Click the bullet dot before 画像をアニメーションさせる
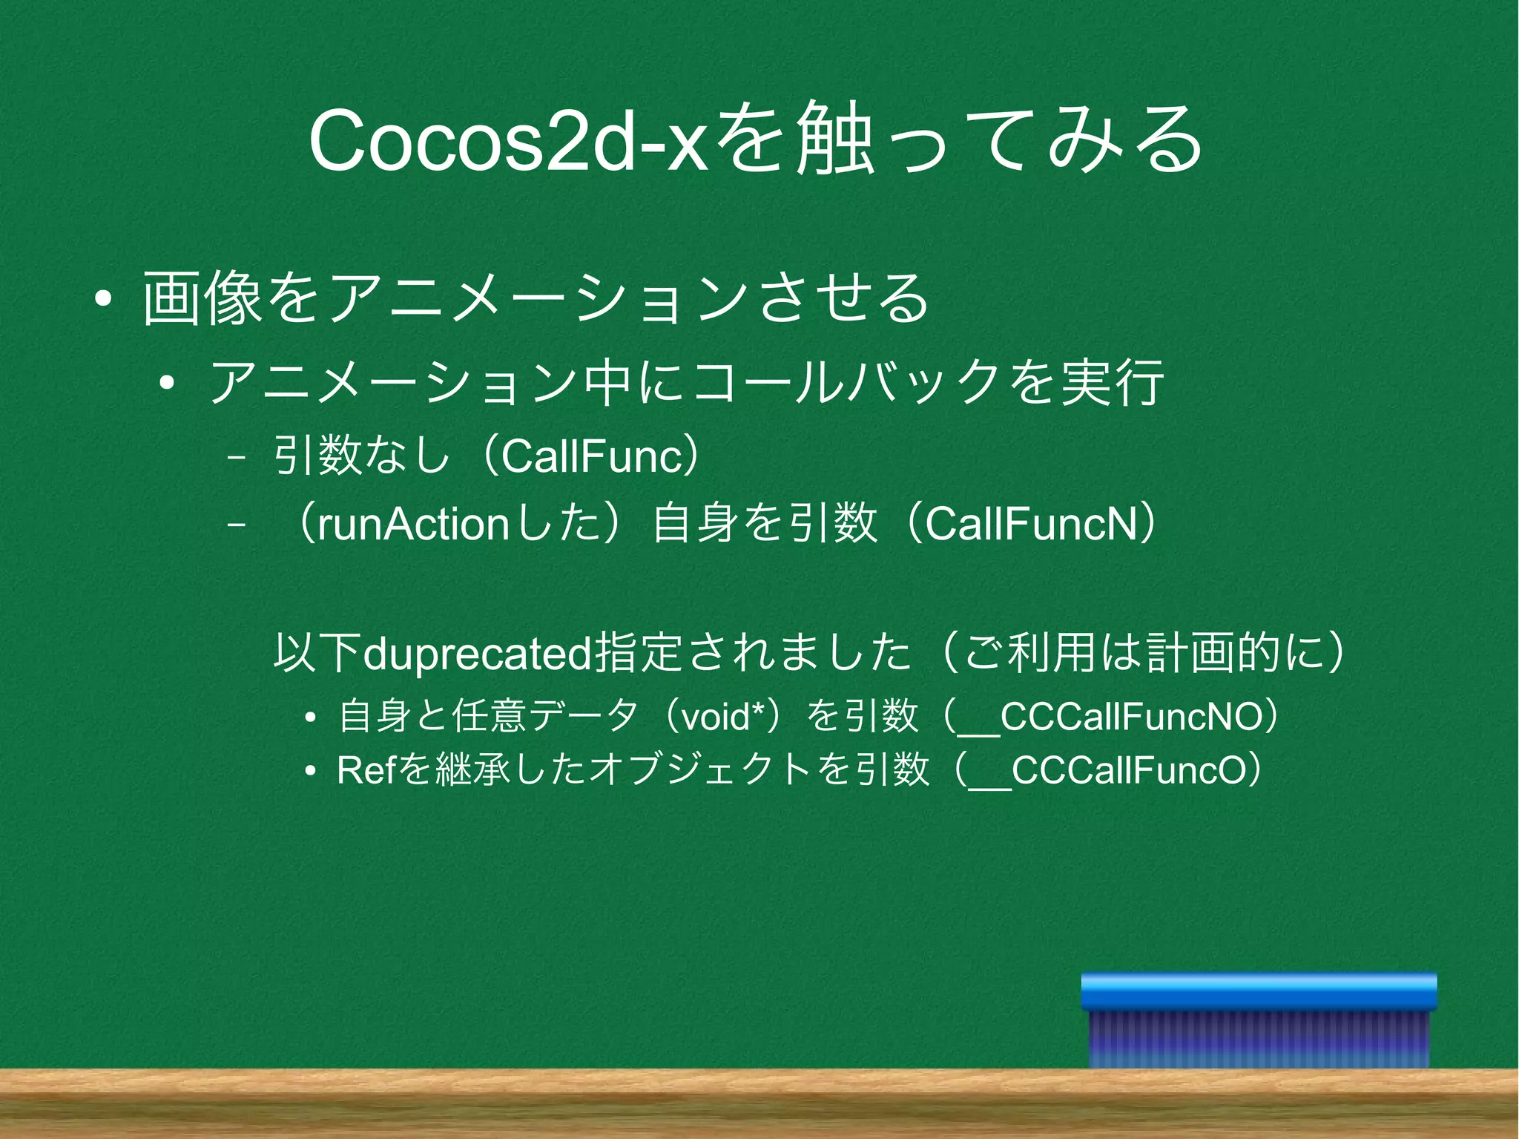click(103, 299)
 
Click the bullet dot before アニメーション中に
click(167, 384)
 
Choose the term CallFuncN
click(1031, 524)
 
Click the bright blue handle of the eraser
click(1258, 991)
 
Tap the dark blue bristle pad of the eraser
click(1258, 1039)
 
